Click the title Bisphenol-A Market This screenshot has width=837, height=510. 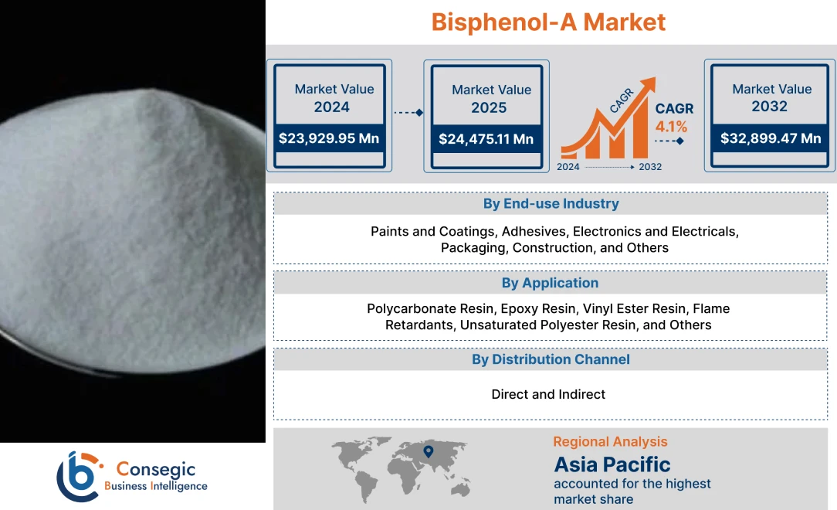tap(548, 22)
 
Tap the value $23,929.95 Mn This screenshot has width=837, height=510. tap(330, 139)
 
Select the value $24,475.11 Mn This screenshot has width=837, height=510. tap(486, 139)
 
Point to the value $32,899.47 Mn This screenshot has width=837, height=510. tap(771, 138)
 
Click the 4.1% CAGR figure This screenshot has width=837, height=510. tap(671, 126)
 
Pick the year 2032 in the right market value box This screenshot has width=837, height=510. tap(770, 106)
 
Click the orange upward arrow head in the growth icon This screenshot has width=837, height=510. tap(647, 84)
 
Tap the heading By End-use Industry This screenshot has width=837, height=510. tap(551, 204)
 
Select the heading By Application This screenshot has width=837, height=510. tap(551, 283)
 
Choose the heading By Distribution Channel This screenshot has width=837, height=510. tap(551, 359)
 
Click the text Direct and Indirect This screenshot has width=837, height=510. tap(548, 394)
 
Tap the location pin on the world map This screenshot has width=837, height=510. tap(429, 450)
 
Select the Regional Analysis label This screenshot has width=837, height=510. tap(610, 442)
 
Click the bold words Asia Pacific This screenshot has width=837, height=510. tap(612, 464)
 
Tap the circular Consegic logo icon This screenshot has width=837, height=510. tap(79, 475)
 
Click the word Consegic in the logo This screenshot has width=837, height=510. tap(155, 469)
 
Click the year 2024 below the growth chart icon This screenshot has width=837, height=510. tap(568, 167)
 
